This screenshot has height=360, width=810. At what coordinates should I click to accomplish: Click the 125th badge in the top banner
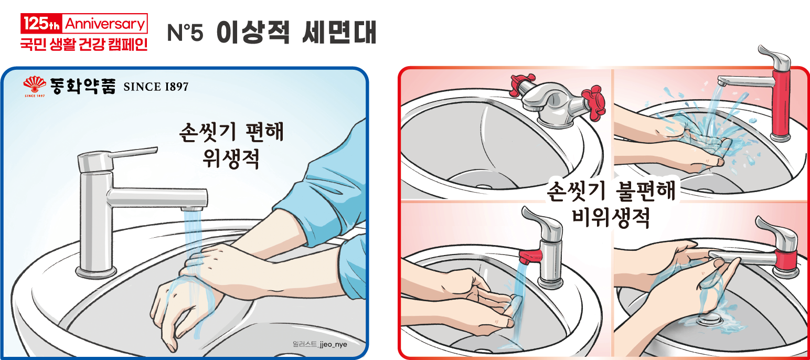tap(41, 24)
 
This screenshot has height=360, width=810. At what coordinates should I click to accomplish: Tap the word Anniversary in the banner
tap(104, 24)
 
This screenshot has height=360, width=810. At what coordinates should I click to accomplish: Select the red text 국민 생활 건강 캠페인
tap(83, 43)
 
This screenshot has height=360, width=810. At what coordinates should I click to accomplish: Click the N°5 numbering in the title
tap(184, 33)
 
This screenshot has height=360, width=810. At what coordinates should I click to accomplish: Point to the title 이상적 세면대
tap(296, 33)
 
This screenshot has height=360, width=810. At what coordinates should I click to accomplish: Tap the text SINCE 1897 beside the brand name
tap(155, 87)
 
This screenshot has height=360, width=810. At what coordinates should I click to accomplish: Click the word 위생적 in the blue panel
tap(231, 158)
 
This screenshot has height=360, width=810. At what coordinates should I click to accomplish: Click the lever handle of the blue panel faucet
tap(131, 153)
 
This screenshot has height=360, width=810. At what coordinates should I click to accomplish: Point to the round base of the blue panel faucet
tap(96, 271)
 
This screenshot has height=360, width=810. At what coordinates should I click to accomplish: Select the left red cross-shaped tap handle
tap(519, 83)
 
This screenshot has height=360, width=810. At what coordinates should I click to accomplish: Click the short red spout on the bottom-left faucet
tap(530, 256)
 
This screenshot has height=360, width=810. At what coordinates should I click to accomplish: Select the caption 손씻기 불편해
tap(612, 190)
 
